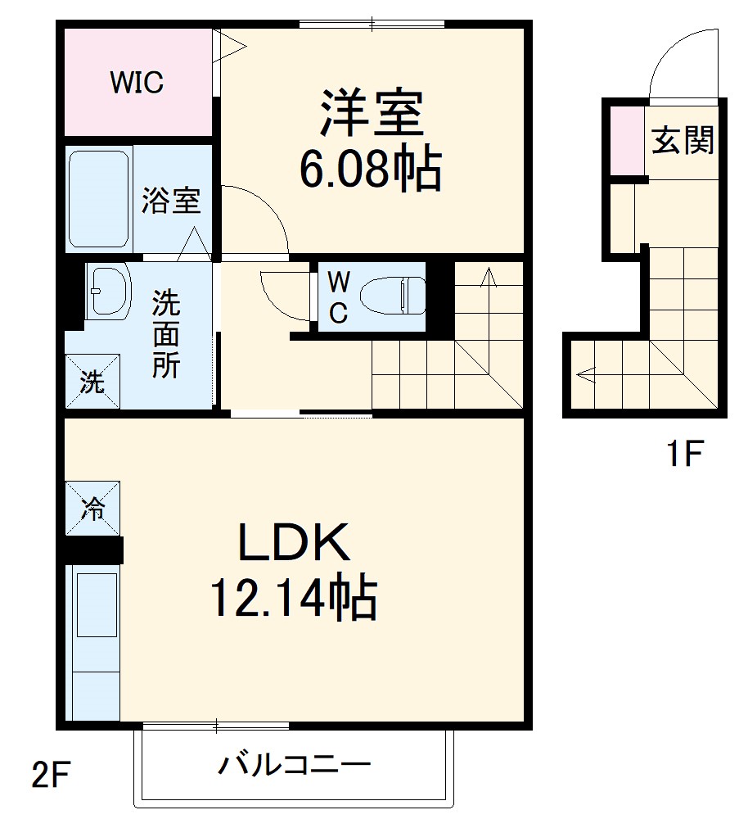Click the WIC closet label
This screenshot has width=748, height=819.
[x=137, y=82]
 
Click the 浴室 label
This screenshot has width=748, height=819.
[x=171, y=200]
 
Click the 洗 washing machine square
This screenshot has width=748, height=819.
[x=92, y=381]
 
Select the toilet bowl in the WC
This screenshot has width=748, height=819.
[x=393, y=294]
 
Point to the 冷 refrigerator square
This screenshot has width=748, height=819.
[x=92, y=508]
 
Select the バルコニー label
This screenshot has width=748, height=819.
[x=294, y=766]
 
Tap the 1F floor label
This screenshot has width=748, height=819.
[x=683, y=453]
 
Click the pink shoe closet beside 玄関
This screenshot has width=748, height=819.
[x=627, y=139]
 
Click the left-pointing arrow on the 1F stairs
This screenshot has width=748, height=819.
[x=586, y=374]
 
